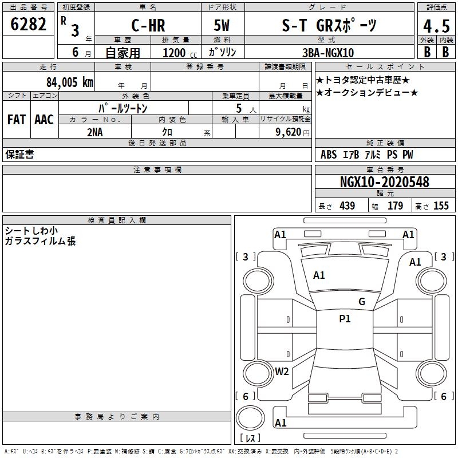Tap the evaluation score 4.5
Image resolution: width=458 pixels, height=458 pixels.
436,26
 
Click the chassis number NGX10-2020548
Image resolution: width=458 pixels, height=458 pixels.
384,182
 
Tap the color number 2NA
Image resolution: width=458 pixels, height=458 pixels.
95,131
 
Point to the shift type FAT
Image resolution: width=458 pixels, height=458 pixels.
17,120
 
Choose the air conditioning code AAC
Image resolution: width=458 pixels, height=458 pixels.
44,120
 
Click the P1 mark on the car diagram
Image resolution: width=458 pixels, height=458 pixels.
345,319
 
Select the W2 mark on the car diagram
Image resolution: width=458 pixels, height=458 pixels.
282,372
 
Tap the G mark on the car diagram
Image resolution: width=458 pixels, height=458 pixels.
361,302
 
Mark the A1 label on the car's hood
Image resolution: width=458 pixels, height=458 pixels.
319,275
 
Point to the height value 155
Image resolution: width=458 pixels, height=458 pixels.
441,206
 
